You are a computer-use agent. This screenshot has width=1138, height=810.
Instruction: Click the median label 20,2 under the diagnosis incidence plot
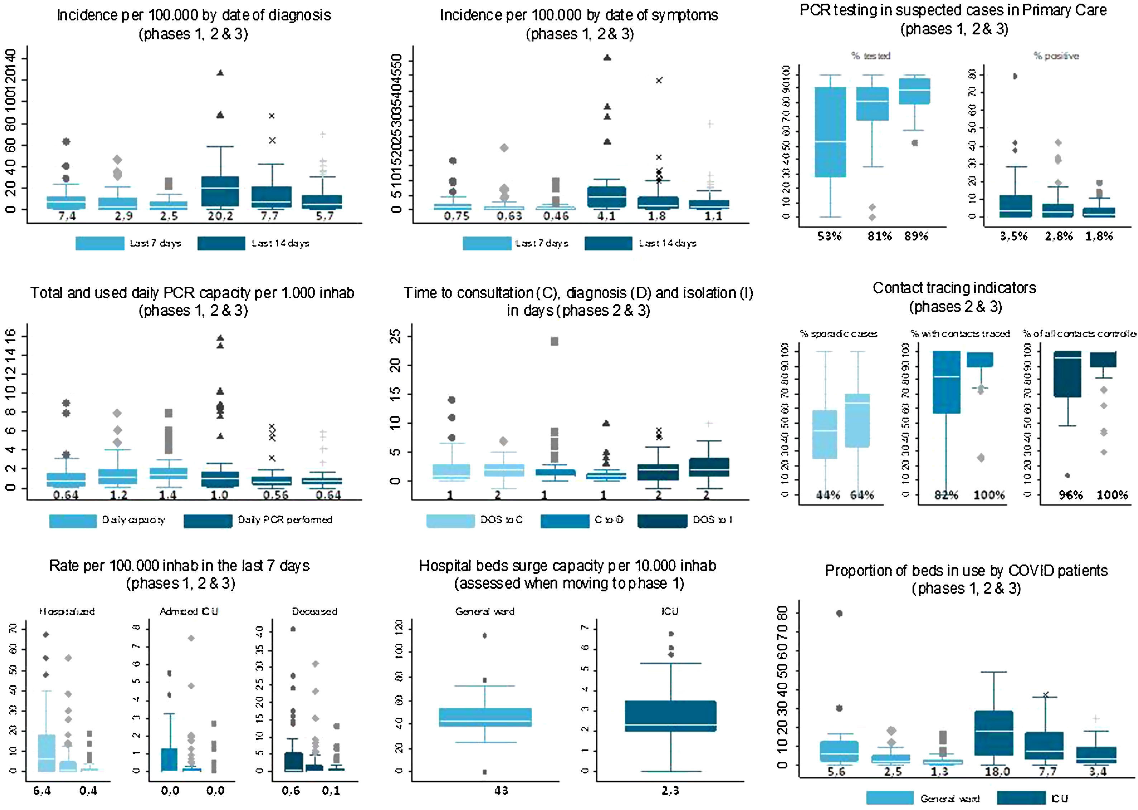point(220,216)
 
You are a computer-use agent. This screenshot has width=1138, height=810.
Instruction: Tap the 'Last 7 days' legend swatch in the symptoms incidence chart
point(487,243)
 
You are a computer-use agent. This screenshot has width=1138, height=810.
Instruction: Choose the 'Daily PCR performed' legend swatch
point(208,520)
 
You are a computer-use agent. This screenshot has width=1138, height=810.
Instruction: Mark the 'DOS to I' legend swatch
point(662,520)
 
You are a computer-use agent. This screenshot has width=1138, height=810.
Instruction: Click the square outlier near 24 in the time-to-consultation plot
point(554,342)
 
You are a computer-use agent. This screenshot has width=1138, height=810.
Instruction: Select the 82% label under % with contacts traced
point(946,495)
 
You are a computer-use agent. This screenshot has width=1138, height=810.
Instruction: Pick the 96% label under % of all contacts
point(1071,495)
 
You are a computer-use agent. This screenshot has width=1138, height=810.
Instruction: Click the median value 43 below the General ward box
point(501,791)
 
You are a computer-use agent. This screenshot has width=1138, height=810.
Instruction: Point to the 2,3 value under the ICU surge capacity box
point(670,791)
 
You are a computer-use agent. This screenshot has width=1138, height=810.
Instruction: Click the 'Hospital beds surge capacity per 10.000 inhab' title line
point(567,566)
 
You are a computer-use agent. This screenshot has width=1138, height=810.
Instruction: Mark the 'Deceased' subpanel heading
point(315,611)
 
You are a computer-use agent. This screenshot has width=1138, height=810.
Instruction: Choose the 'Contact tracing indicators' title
point(954,288)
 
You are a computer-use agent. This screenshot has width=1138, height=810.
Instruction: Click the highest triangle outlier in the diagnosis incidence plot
point(220,73)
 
